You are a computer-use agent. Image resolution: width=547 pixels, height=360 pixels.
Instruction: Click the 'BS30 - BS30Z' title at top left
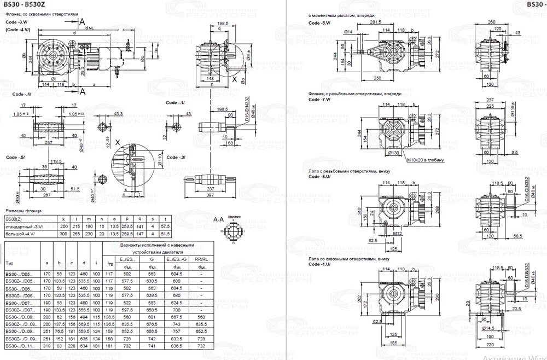tap(25, 5)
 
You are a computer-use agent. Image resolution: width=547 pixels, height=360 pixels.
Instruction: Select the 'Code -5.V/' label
tap(319, 24)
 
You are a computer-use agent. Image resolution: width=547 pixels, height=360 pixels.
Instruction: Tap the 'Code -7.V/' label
tap(319, 100)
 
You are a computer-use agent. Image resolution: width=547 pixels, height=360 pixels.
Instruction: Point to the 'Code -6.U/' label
tap(319, 177)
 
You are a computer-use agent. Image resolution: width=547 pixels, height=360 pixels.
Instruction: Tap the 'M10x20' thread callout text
tap(425, 160)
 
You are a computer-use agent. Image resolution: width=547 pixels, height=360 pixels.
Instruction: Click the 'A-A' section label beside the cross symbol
tap(218, 219)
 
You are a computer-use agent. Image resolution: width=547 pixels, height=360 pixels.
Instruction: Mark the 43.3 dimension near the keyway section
tap(118, 114)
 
